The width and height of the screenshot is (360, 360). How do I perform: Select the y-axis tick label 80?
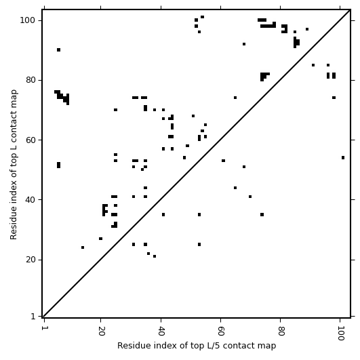(x=31, y=80)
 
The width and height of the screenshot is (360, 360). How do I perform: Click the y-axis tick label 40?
(x=31, y=199)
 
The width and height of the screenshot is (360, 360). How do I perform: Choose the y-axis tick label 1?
(x=33, y=317)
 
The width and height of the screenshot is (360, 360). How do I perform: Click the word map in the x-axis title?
(x=267, y=346)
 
